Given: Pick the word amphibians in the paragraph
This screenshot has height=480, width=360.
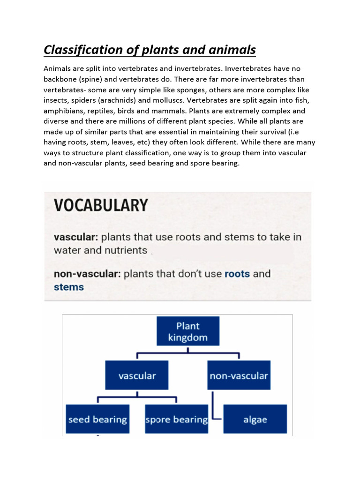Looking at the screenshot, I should tap(66, 111).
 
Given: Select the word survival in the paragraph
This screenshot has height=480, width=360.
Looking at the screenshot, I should tap(264, 132).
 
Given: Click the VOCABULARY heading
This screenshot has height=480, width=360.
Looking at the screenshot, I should tap(101, 205).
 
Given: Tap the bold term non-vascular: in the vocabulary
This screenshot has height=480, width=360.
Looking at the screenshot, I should tap(87, 273).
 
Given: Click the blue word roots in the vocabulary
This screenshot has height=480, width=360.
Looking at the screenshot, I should tap(237, 273).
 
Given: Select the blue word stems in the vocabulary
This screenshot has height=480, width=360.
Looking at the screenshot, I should tap(69, 287).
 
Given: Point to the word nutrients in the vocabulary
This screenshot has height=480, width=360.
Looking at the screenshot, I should tap(126, 250).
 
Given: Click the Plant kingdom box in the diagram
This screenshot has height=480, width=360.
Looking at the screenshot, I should tap(187, 331).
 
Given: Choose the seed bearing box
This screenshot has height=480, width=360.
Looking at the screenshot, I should tap(97, 419).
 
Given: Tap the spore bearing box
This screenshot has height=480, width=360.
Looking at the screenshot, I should tap(177, 419).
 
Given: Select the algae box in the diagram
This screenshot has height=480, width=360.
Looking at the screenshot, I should tap(255, 419).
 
